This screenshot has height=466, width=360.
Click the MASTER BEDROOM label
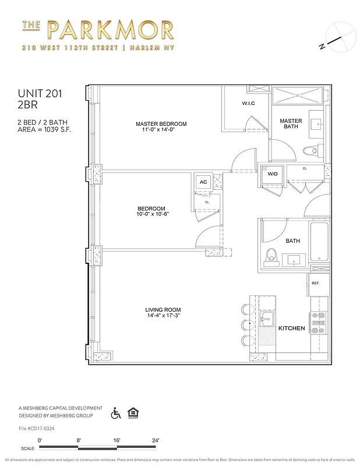pyautogui.click(x=161, y=124)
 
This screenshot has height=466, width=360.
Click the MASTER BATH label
pyautogui.click(x=291, y=125)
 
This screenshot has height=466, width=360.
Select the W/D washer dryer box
pyautogui.click(x=272, y=174)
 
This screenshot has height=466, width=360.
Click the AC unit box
pyautogui.click(x=203, y=182)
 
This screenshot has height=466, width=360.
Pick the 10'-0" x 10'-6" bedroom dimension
pyautogui.click(x=151, y=214)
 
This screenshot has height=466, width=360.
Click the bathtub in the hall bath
pyautogui.click(x=320, y=242)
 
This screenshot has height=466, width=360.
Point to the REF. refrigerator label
pyautogui.click(x=315, y=284)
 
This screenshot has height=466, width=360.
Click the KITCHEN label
pyautogui.click(x=291, y=329)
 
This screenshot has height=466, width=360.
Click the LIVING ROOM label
pyautogui.click(x=163, y=310)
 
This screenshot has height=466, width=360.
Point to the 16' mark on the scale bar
pyautogui.click(x=116, y=440)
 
